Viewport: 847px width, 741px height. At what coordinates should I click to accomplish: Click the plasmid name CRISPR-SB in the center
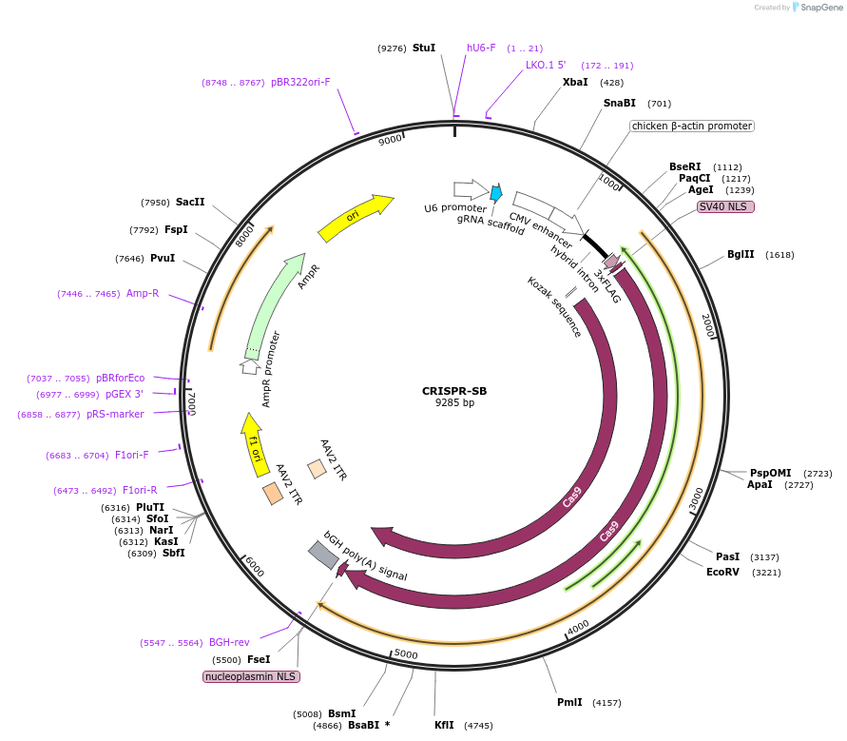(454, 390)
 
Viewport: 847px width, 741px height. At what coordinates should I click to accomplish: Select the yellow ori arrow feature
(355, 219)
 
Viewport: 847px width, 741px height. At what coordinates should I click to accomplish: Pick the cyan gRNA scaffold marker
(496, 192)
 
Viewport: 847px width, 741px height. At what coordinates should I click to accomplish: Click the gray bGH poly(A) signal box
(323, 555)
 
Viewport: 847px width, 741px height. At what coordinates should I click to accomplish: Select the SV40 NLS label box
(725, 206)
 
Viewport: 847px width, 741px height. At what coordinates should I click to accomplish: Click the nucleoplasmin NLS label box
(251, 676)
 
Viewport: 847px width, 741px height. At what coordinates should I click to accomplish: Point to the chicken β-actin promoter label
(691, 126)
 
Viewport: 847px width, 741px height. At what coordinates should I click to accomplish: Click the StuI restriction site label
(424, 48)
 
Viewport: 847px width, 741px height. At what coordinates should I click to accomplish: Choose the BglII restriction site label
(741, 254)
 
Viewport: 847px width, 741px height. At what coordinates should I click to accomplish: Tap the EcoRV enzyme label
(722, 572)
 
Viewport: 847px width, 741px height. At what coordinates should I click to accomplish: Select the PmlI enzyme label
(569, 702)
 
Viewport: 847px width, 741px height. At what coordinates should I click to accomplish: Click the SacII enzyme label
(190, 202)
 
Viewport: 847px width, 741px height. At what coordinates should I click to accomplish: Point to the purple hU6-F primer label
(481, 48)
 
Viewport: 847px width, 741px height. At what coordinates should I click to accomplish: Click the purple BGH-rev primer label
(229, 642)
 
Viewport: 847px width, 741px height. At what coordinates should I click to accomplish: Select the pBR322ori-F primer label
(300, 82)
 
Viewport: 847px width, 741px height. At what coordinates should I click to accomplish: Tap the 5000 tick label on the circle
(406, 653)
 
